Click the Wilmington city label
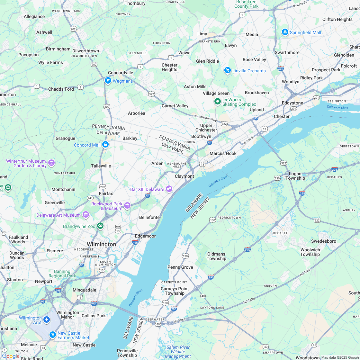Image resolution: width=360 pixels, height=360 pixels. point(101,244)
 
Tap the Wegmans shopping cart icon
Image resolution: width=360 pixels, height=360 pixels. point(108,81)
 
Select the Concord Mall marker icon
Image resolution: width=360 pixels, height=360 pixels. point(105,145)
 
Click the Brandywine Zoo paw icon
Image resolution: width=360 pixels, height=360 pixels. point(101,226)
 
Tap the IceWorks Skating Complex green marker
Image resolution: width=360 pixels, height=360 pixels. point(218,102)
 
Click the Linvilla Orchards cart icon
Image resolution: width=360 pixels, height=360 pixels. point(228,70)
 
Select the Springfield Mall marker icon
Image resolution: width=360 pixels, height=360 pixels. point(285,32)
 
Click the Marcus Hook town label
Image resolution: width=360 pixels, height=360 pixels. point(223,153)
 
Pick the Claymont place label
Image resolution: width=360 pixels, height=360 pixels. point(184,176)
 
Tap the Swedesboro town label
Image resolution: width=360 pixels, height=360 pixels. point(323,241)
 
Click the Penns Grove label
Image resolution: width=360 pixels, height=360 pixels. point(180,267)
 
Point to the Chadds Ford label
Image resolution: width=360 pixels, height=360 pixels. point(61,89)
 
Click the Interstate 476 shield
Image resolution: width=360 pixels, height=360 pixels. point(280,68)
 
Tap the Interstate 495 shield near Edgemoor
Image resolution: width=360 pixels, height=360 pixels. point(135,242)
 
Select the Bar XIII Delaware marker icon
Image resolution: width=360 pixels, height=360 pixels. point(169,189)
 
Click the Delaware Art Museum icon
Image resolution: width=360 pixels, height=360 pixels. point(85,215)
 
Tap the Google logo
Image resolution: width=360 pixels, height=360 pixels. point(11,356)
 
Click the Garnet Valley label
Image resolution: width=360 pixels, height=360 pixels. point(175,106)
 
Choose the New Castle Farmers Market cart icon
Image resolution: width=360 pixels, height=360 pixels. point(53,335)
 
